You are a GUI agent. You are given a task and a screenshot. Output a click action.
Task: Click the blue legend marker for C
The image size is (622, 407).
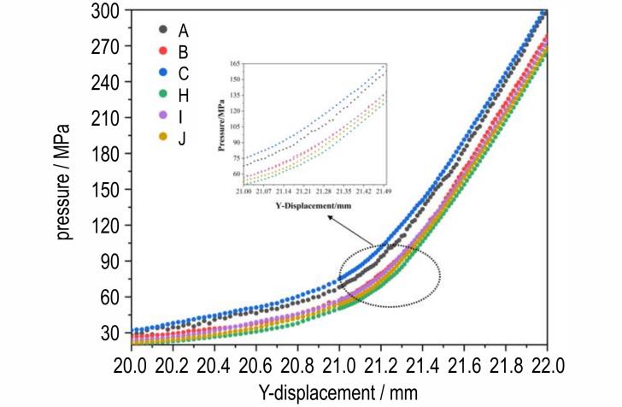tap(163, 73)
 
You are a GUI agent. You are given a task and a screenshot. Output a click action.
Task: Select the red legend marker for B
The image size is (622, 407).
tap(163, 51)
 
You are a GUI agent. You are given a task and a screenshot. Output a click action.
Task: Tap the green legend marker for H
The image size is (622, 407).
tap(163, 95)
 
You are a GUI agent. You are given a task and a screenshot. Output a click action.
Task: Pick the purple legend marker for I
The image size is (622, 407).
tap(163, 116)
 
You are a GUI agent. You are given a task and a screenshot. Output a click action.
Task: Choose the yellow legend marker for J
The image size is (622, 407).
tap(163, 138)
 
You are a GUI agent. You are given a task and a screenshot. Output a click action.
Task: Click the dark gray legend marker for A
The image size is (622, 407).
tap(163, 30)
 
